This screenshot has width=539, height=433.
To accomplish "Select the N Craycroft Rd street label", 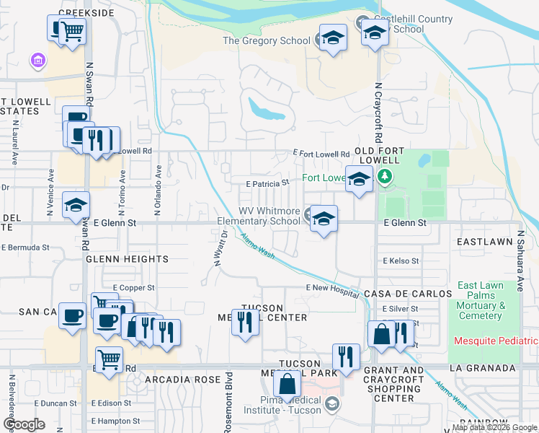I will click(x=376, y=113).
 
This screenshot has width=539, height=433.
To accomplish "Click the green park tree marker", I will click(x=385, y=176).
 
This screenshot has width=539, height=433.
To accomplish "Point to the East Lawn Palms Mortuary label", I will click(x=481, y=301).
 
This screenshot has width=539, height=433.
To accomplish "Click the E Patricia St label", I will click(x=267, y=184).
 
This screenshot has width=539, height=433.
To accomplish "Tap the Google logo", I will click(x=24, y=424).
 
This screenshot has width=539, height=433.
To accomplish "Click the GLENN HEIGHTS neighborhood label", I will click(x=126, y=258).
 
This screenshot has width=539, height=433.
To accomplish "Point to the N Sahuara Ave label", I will click(x=519, y=261).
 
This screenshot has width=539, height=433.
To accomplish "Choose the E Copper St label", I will click(x=133, y=288).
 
